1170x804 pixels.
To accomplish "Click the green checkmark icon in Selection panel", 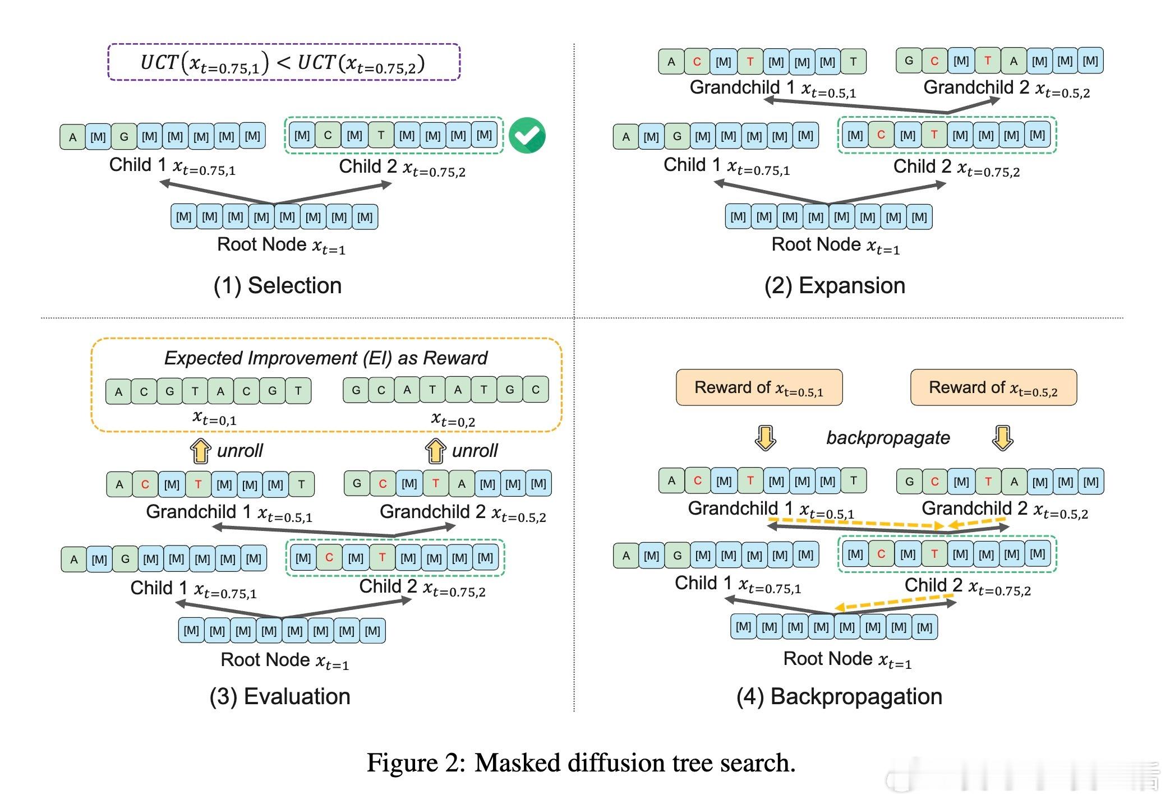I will coord(527,136).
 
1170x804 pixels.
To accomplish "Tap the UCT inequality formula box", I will coord(283,62).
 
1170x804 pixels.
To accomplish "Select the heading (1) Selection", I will coord(278,285).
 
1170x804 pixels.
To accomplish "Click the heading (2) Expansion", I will coord(835,285).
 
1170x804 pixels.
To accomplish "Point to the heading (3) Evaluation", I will coord(280,696).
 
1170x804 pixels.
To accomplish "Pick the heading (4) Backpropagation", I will coord(839,696).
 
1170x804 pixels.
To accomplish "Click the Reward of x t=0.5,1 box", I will coord(759,387).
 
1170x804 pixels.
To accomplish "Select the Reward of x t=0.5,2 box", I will coord(993,387).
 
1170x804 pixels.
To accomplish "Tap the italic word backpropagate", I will coord(888,437).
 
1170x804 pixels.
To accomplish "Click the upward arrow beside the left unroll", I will coord(200,451).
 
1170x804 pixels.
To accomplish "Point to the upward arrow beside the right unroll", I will coord(435,451).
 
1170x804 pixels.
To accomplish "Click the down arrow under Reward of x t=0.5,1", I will coord(765,438).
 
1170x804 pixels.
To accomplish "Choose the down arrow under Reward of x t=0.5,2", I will coord(1002,438).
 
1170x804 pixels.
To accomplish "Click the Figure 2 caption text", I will coord(581,763).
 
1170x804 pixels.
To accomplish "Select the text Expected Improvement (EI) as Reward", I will coord(326,358).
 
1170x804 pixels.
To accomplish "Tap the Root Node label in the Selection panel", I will coord(281,245).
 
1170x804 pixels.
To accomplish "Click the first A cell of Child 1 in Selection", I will coord(73,137).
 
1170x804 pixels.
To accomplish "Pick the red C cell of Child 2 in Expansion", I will coord(881,135).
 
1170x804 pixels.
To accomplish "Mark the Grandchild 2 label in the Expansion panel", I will coord(1006,88).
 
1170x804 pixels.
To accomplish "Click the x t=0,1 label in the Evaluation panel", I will coord(214,418).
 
